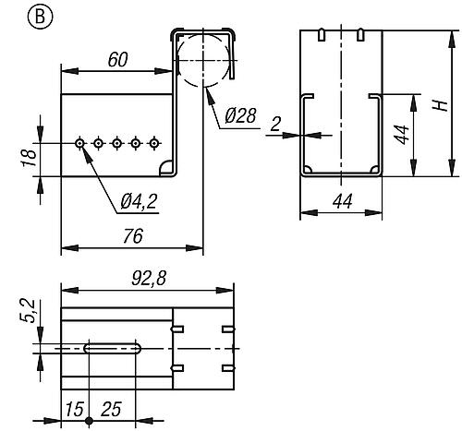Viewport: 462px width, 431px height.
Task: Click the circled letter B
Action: (41, 17)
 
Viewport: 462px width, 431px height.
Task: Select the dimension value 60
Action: (117, 60)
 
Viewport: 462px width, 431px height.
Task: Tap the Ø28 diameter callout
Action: (240, 115)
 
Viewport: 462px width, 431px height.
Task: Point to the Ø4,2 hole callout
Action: (139, 202)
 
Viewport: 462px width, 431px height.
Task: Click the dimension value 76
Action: (133, 236)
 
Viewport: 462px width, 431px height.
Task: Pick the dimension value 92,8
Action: (149, 279)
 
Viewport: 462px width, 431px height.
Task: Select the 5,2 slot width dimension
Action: (29, 311)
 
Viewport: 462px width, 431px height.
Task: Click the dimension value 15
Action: (74, 410)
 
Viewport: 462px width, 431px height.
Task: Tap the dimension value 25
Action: (111, 410)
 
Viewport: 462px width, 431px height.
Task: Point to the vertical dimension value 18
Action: (29, 158)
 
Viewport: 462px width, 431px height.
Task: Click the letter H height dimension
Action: (441, 105)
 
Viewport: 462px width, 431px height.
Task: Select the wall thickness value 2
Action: (275, 125)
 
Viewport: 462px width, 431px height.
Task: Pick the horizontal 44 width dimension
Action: (343, 202)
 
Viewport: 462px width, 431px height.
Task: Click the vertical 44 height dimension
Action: (402, 135)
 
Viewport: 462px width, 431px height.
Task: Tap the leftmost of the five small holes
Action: (80, 143)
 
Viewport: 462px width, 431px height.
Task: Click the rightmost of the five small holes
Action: (153, 143)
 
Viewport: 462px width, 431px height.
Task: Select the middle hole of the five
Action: (116, 143)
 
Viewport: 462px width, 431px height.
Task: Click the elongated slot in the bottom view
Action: (113, 348)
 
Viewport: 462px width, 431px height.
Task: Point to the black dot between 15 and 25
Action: (89, 421)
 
